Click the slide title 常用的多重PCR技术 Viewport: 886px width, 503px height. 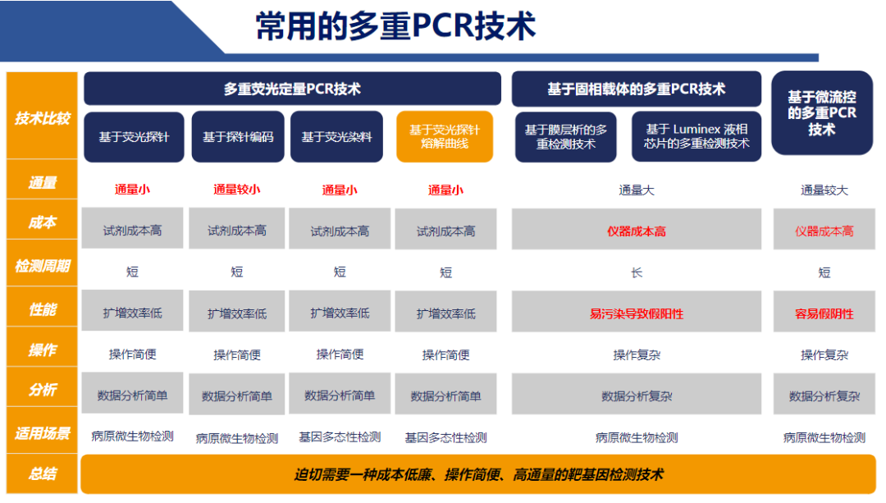(x=395, y=26)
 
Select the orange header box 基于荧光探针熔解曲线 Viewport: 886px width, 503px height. (x=445, y=137)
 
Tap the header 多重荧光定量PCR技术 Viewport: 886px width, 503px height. (x=292, y=89)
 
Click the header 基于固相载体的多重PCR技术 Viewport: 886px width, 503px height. (x=637, y=89)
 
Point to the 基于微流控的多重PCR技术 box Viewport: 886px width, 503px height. (x=822, y=113)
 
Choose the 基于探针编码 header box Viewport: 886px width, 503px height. (x=238, y=137)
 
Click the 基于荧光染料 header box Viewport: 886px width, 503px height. (x=337, y=137)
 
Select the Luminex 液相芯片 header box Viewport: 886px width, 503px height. (x=696, y=137)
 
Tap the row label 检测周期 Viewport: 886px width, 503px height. (x=43, y=266)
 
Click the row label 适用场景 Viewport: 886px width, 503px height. (x=43, y=433)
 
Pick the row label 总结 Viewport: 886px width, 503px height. (x=43, y=473)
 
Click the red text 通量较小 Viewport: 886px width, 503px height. (x=237, y=190)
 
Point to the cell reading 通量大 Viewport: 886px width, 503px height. (x=637, y=190)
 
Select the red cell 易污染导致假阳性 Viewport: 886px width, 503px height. (x=637, y=313)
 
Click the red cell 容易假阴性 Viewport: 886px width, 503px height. (x=824, y=313)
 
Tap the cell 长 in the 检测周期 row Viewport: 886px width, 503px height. (x=637, y=273)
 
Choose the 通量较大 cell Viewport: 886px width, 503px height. (x=824, y=190)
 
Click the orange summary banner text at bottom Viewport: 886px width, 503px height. (x=478, y=475)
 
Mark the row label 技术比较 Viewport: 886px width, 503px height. (x=43, y=118)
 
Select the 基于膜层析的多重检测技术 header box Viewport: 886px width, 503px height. (x=565, y=137)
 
